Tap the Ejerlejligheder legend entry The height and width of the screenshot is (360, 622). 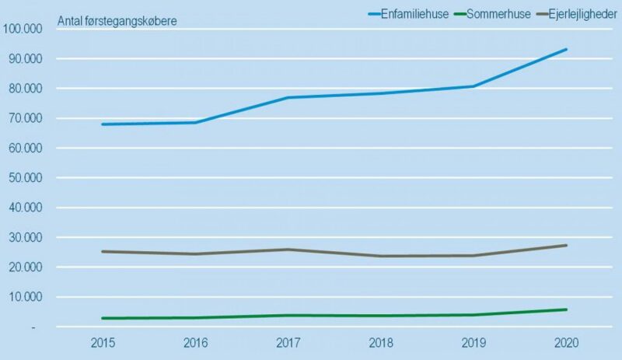coord(575,14)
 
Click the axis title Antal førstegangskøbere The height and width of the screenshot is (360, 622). coord(117,21)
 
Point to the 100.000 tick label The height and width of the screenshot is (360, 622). coord(25,30)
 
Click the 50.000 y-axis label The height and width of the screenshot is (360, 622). coord(28,178)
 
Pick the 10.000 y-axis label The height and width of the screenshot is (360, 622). coord(28,297)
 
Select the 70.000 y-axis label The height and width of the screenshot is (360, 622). coord(28,119)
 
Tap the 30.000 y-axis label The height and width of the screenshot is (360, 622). coord(28,238)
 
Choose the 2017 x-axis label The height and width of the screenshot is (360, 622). coord(288,343)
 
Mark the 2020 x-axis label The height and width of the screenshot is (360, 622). coord(566,343)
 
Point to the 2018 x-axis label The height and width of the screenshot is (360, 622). coord(381,343)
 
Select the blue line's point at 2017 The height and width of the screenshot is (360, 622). coord(288,97)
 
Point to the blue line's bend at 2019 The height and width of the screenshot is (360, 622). coord(473,86)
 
